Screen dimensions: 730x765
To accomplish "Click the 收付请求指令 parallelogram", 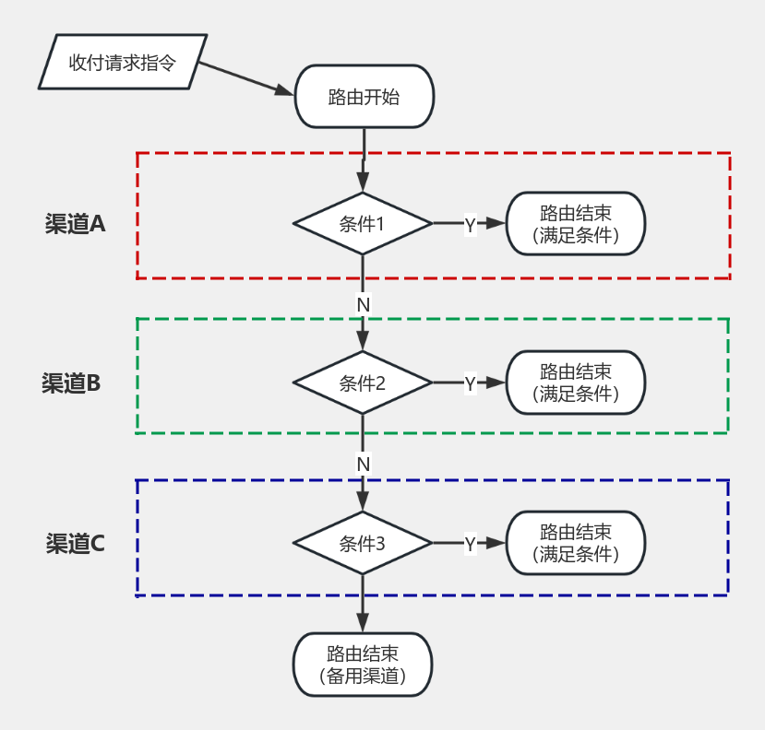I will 123,63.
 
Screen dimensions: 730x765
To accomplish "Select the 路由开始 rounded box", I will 364,97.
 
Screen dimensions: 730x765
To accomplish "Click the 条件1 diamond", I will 363,224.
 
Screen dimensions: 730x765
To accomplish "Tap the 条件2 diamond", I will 363,383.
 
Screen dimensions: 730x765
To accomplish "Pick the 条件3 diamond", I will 363,543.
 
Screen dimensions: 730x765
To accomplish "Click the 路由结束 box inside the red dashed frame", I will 575,224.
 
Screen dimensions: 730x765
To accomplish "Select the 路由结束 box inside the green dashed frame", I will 575,383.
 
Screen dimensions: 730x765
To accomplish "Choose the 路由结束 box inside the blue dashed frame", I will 575,543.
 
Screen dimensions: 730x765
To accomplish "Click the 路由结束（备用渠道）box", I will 363,665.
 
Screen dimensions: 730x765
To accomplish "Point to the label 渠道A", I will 76,224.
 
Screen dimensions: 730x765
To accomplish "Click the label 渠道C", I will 75,544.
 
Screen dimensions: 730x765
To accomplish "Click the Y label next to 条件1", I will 470,225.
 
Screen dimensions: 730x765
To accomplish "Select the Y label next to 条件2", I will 470,384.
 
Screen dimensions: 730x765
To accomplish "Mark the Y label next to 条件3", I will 470,544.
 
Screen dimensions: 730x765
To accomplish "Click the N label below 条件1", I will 363,303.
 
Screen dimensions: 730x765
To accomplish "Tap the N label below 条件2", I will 363,463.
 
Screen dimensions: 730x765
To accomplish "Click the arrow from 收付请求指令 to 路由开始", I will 245,79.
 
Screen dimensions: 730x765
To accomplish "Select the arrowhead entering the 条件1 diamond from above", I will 363,182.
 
